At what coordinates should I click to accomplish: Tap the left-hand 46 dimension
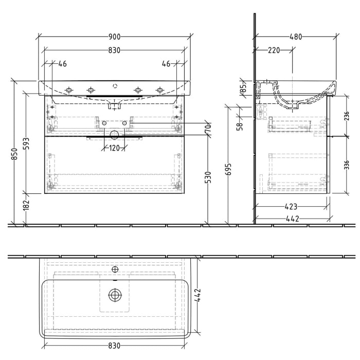62,64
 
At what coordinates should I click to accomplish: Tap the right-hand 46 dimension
166,64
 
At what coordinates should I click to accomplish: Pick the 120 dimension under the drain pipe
114,148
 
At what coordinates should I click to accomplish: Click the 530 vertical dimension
208,178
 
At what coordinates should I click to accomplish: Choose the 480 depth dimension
295,37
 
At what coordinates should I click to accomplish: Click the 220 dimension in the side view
274,50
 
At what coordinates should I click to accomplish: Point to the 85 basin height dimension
244,89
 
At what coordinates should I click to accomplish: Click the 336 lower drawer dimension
346,165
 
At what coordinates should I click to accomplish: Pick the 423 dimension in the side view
291,208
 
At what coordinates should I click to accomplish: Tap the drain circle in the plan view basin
114,295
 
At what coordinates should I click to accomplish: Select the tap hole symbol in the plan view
115,269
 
